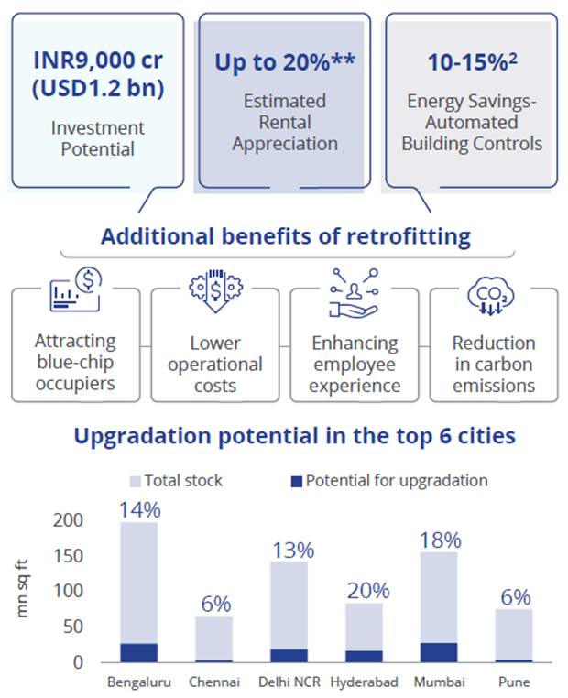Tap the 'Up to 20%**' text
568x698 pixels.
click(x=284, y=63)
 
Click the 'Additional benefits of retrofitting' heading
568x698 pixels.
click(x=285, y=236)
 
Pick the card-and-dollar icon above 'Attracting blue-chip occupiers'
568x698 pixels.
click(x=76, y=292)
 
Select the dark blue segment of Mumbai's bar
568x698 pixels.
click(x=439, y=651)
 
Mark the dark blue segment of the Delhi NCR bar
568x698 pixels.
click(x=289, y=655)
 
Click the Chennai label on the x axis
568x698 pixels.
click(x=214, y=682)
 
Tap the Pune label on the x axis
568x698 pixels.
click(x=515, y=682)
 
